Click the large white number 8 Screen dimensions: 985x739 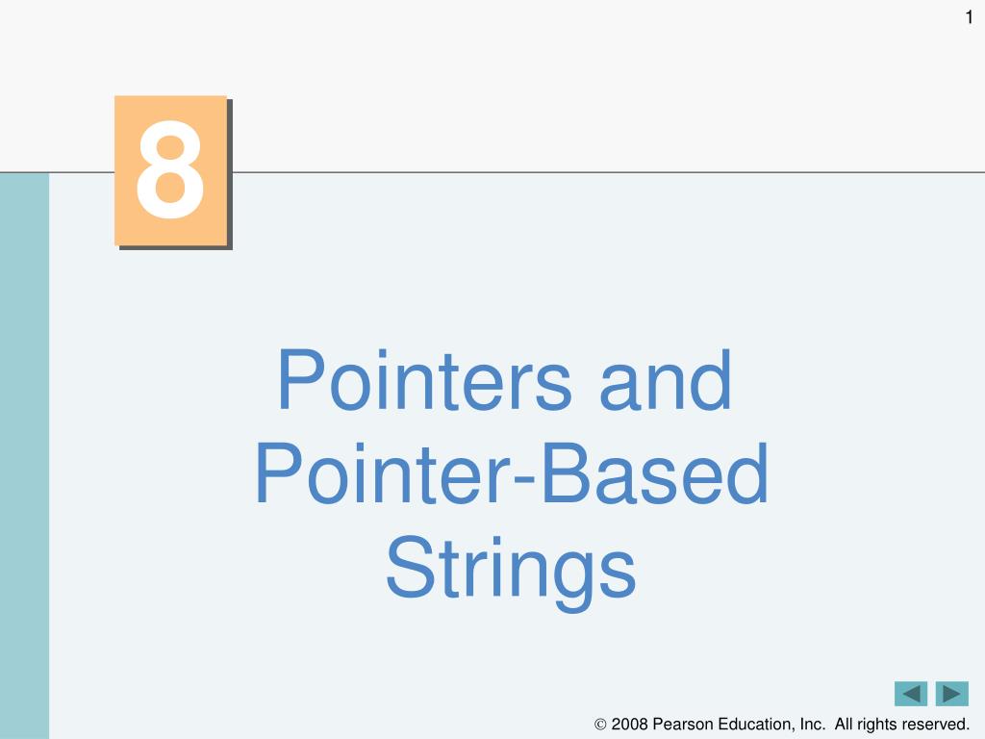[x=169, y=169]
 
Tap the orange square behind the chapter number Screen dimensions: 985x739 [x=170, y=170]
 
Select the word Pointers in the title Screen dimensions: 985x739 [x=424, y=381]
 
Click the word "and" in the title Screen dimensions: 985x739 [x=666, y=381]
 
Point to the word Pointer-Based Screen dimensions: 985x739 [x=512, y=473]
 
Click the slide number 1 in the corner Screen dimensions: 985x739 [x=969, y=17]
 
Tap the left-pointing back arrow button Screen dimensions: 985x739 [x=911, y=694]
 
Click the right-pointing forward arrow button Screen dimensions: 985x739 [x=951, y=694]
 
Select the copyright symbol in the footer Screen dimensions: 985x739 [x=600, y=725]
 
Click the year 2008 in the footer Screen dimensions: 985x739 [x=629, y=724]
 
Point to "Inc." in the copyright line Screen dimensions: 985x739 [x=813, y=724]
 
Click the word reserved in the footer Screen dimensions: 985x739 [x=936, y=724]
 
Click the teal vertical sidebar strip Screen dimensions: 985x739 [x=24, y=455]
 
